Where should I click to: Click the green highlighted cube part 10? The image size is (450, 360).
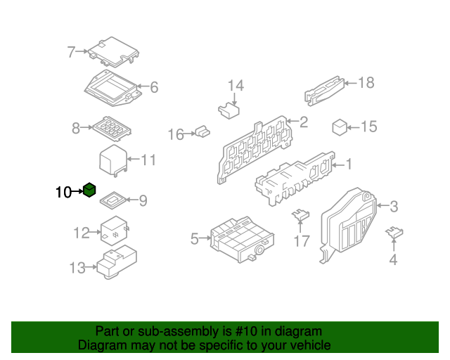89,190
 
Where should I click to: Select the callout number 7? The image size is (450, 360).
71,52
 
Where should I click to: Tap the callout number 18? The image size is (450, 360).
366,83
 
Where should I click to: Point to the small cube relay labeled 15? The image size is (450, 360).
340,127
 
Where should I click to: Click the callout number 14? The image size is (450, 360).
236,86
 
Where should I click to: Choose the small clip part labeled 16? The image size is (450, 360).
202,131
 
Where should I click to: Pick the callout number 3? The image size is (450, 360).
394,207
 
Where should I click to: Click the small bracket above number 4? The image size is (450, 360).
394,232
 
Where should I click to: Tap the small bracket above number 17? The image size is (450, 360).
300,215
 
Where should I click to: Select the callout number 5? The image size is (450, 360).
194,239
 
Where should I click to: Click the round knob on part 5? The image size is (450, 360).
259,250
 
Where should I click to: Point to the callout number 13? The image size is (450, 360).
77,268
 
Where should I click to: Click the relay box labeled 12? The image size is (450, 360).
114,231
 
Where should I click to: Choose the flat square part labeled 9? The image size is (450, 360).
112,200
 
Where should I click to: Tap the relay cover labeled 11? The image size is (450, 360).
113,161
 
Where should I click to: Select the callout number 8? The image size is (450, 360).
76,128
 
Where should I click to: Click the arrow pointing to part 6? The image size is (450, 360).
143,86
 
